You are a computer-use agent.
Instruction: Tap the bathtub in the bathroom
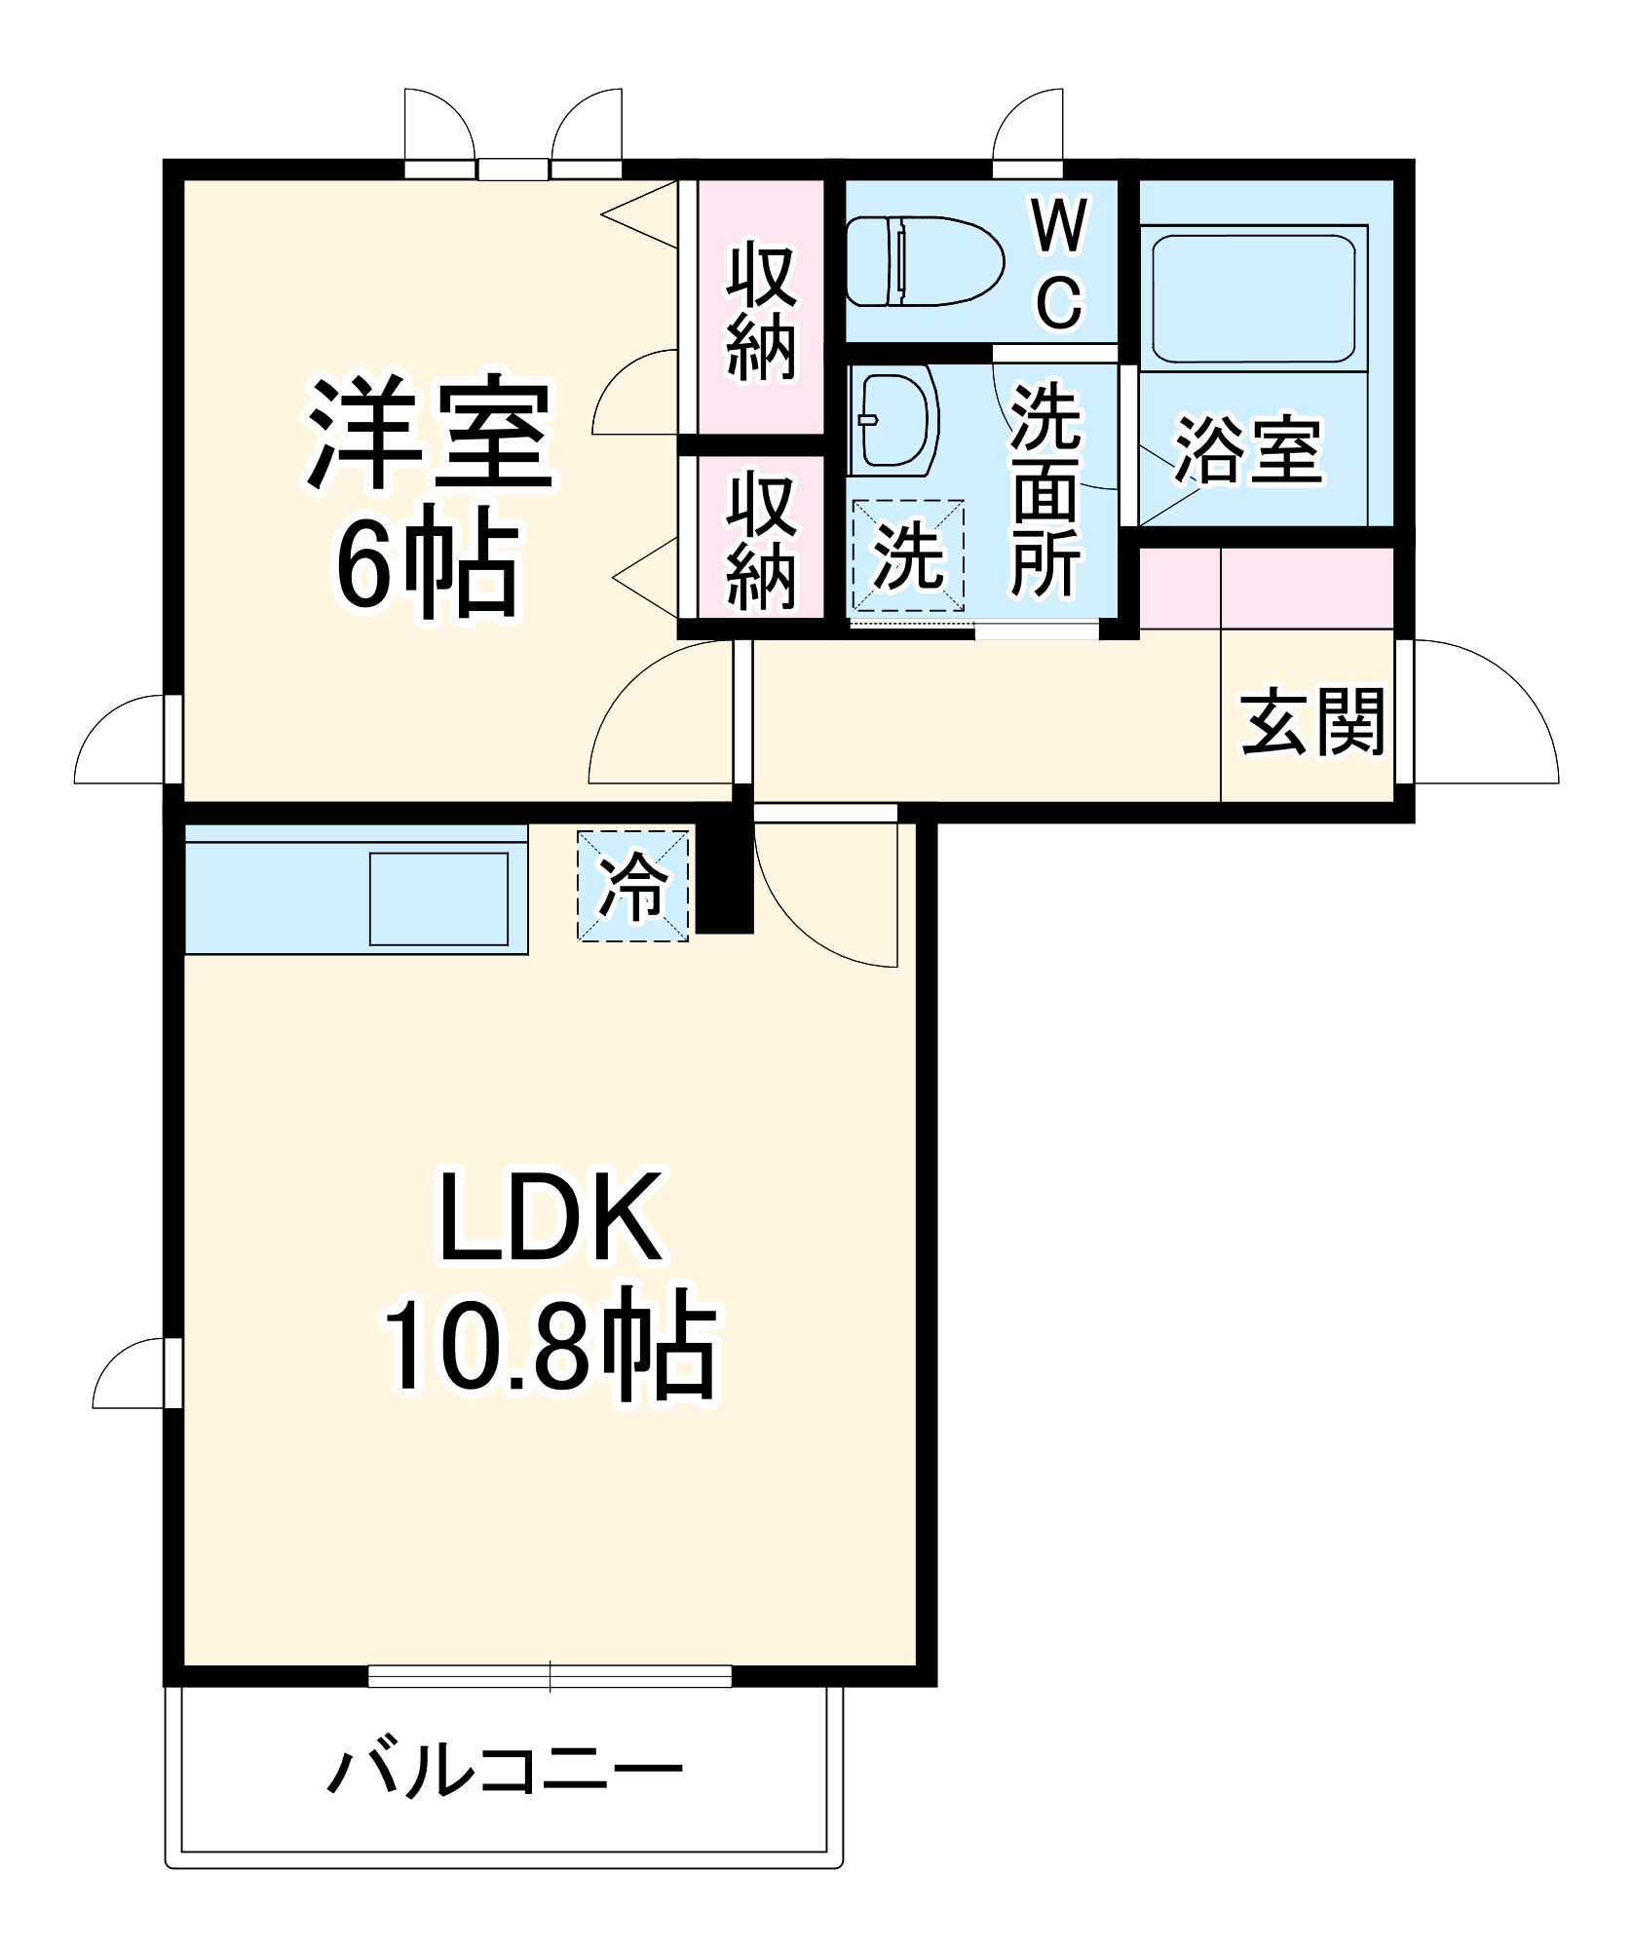(x=1253, y=298)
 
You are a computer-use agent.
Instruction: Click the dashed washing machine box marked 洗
(x=908, y=555)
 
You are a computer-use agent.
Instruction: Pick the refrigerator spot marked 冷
(x=633, y=886)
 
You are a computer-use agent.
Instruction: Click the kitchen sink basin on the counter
(x=438, y=898)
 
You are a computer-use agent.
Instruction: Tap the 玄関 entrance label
(x=1311, y=722)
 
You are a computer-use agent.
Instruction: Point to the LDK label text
(x=551, y=1217)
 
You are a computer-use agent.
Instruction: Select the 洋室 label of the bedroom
(x=429, y=435)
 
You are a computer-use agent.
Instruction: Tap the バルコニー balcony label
(x=504, y=1771)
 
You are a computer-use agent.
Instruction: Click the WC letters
(x=1059, y=264)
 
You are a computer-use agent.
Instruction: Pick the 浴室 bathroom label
(x=1249, y=450)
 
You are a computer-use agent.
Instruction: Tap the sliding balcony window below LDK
(x=550, y=1676)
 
